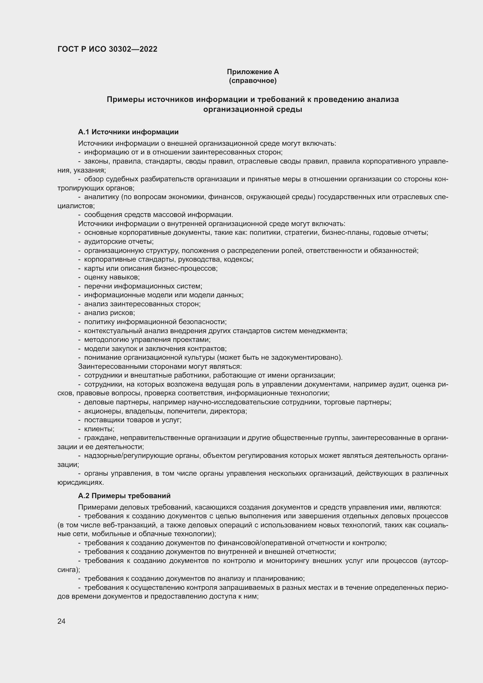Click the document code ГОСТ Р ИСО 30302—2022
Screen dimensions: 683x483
107,49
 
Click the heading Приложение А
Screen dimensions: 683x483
253,72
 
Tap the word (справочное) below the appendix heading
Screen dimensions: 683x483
253,81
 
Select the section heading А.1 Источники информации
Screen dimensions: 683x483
128,132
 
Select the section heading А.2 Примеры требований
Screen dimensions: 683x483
124,496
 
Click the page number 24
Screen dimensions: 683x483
62,621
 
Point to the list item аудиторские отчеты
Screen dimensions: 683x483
119,241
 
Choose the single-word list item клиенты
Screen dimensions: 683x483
99,429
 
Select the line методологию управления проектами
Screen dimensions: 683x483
147,340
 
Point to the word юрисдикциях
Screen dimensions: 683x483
81,482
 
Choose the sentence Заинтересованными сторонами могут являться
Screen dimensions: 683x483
160,366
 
